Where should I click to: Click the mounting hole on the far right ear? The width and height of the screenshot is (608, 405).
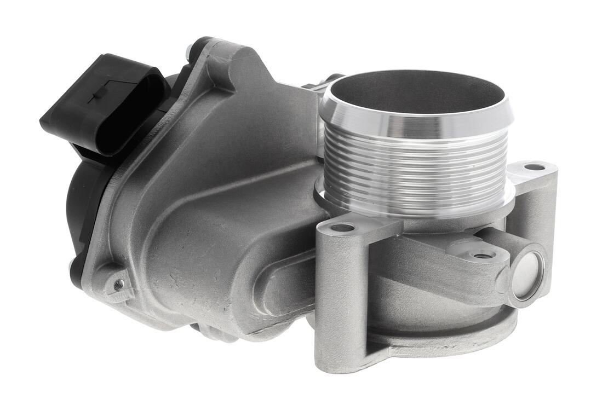(534, 167)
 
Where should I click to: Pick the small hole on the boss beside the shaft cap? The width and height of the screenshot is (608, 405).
(483, 255)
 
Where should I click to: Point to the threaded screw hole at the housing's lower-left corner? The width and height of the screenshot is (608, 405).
(118, 283)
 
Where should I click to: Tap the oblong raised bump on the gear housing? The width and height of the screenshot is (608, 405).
(279, 285)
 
